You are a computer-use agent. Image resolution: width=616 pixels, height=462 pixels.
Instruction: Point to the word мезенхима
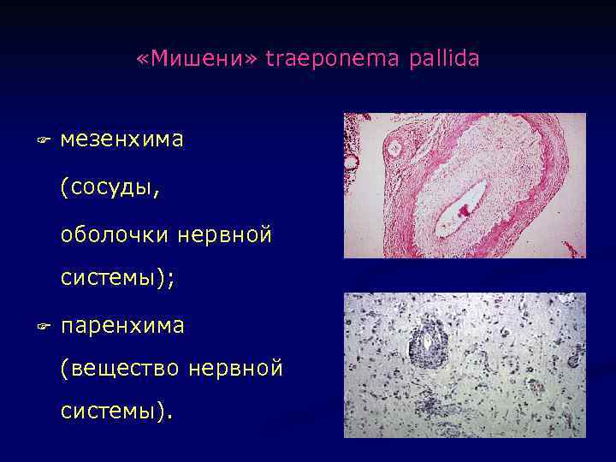121,139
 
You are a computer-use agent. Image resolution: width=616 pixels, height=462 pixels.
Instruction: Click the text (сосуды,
110,186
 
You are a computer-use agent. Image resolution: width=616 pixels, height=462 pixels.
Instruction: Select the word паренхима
122,326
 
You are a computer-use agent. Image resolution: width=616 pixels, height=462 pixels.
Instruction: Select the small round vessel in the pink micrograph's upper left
394,148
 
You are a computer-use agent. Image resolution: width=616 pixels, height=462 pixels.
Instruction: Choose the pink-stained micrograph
465,185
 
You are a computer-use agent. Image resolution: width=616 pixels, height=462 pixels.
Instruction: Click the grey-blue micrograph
465,364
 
